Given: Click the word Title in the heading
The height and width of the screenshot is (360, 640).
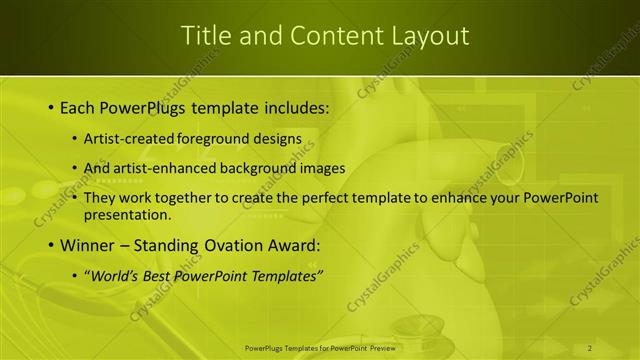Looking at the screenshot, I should tap(203, 36).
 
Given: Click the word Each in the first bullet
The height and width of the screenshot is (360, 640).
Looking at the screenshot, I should tap(79, 107).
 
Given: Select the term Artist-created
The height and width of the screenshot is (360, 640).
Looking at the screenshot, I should tap(130, 138).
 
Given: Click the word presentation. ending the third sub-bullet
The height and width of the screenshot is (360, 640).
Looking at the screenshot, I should tap(129, 214).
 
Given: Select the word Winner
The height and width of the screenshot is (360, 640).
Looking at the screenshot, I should tap(88, 245).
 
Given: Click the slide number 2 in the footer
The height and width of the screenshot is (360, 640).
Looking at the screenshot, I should tap(590, 347).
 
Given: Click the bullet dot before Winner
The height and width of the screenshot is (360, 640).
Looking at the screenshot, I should tap(50, 245).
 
